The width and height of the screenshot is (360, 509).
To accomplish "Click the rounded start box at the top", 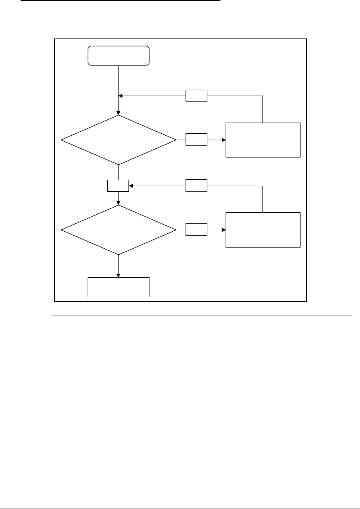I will [119, 56].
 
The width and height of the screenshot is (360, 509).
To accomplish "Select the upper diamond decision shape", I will [118, 140].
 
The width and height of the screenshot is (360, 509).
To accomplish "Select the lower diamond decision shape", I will [118, 230].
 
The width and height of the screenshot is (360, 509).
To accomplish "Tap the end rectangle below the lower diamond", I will [119, 287].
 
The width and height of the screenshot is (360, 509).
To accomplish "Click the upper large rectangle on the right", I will [263, 140].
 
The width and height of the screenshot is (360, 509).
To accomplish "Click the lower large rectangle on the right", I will [263, 230].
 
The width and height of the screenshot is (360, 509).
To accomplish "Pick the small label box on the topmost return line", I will [196, 96].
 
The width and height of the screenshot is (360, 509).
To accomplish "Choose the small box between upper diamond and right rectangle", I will [196, 140].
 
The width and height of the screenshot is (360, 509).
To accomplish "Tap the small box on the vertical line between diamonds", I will [118, 186].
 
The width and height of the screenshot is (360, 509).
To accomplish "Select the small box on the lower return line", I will [196, 185].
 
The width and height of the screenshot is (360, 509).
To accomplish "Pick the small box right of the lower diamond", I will [196, 229].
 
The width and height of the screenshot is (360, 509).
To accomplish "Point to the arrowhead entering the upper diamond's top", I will [119, 113].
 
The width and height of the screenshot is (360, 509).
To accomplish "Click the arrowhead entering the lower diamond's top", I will [119, 203].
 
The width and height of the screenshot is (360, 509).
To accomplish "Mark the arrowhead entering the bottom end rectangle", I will [119, 275].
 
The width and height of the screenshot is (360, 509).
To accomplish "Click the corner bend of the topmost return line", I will [263, 96].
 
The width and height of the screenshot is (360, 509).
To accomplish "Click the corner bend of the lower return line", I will [263, 185].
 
